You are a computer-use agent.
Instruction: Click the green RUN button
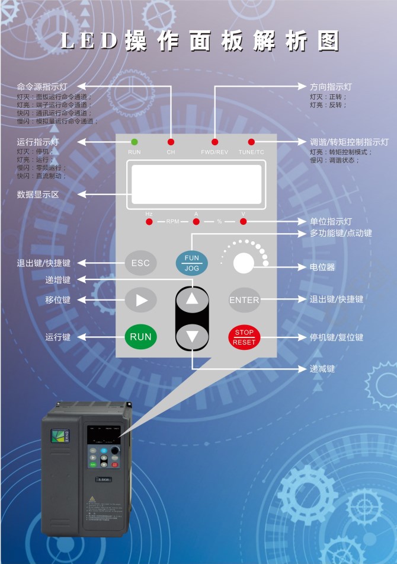point(141,336)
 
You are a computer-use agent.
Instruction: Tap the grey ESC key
point(141,263)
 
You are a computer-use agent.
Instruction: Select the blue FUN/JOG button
point(192,263)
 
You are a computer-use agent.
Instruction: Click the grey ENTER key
point(244,300)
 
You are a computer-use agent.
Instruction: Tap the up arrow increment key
point(192,299)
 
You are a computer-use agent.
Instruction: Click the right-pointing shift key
point(141,300)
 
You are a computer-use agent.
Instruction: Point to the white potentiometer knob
point(244,263)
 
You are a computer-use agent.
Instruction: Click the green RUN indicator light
point(135,142)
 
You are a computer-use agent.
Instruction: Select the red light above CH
point(171,142)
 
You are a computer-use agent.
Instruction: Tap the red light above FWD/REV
point(214,142)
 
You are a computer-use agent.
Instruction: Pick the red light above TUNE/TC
point(251,142)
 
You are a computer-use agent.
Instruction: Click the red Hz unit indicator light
point(149,222)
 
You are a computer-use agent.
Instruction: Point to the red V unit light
point(243,222)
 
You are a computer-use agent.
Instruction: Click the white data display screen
point(196,184)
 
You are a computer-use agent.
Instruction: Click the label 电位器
point(322,267)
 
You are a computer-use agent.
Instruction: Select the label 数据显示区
point(38,194)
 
